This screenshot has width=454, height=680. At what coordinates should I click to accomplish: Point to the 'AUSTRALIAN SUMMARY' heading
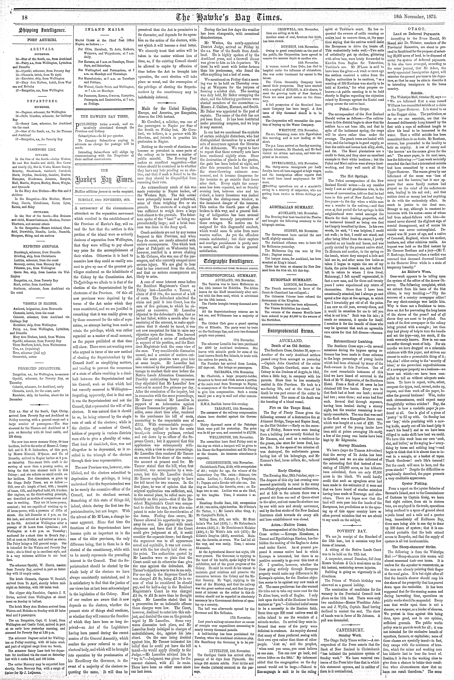pyautogui.click(x=292, y=207)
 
